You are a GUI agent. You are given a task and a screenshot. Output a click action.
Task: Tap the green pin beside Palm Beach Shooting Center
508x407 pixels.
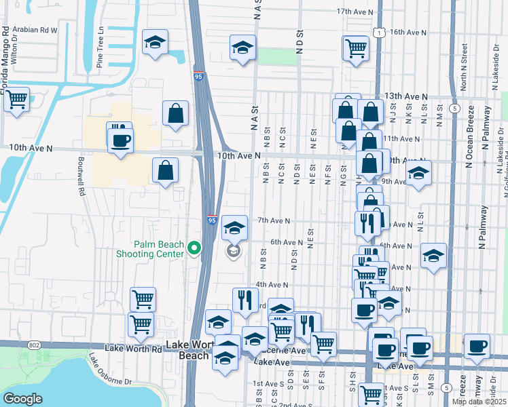tap(194, 249)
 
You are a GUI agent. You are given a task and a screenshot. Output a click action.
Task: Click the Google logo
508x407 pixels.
tap(22, 399)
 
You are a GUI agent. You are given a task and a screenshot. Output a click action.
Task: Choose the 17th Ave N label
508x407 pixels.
tap(355, 12)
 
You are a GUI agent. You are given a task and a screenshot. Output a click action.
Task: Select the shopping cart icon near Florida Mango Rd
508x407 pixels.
tap(16, 100)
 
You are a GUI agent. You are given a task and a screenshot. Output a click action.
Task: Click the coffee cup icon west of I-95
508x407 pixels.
tap(121, 140)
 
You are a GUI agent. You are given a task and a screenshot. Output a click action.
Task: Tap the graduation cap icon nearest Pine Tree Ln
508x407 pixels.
tap(155, 41)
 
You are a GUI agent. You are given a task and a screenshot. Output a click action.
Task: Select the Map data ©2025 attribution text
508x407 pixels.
tap(479, 402)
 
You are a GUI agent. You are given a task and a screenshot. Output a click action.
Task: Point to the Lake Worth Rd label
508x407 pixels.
tap(134, 349)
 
